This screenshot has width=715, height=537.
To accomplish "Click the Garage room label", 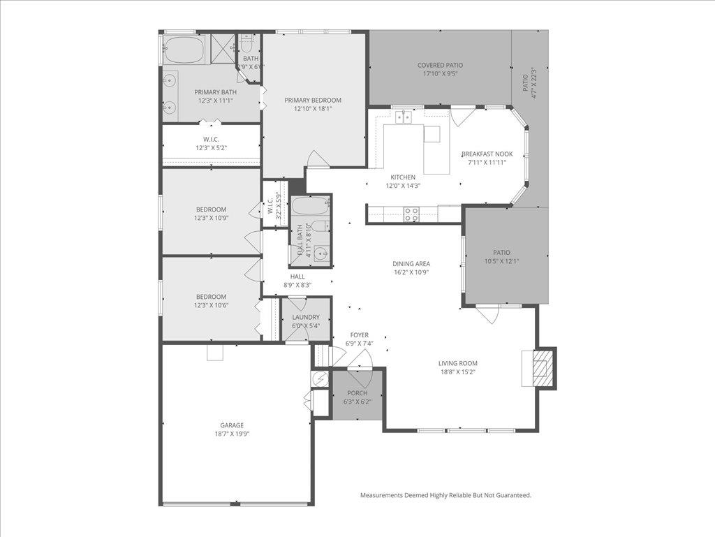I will (232, 425).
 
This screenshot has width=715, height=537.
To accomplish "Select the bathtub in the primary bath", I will (184, 50).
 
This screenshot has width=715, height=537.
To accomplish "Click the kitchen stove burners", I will (412, 214).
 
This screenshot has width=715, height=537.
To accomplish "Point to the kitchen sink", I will (403, 117).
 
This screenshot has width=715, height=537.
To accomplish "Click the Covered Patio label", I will (440, 65).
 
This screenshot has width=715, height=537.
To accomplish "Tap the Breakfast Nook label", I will (487, 154).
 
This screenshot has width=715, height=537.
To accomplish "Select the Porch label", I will (357, 393).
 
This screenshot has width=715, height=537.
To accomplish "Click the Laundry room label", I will (306, 317).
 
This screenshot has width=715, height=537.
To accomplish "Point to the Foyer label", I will (360, 335).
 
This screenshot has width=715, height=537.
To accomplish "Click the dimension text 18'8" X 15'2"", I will (458, 372).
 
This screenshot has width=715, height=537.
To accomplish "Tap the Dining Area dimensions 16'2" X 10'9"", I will (411, 273).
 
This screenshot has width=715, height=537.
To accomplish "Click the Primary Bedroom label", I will (313, 100).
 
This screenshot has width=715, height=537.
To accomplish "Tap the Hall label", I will (297, 277).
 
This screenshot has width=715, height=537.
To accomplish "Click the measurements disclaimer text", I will (445, 495).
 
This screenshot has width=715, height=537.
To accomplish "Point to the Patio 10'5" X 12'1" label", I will (501, 253).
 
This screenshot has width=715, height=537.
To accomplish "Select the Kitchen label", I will (403, 177).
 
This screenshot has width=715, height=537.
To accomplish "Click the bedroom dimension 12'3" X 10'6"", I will (211, 305).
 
